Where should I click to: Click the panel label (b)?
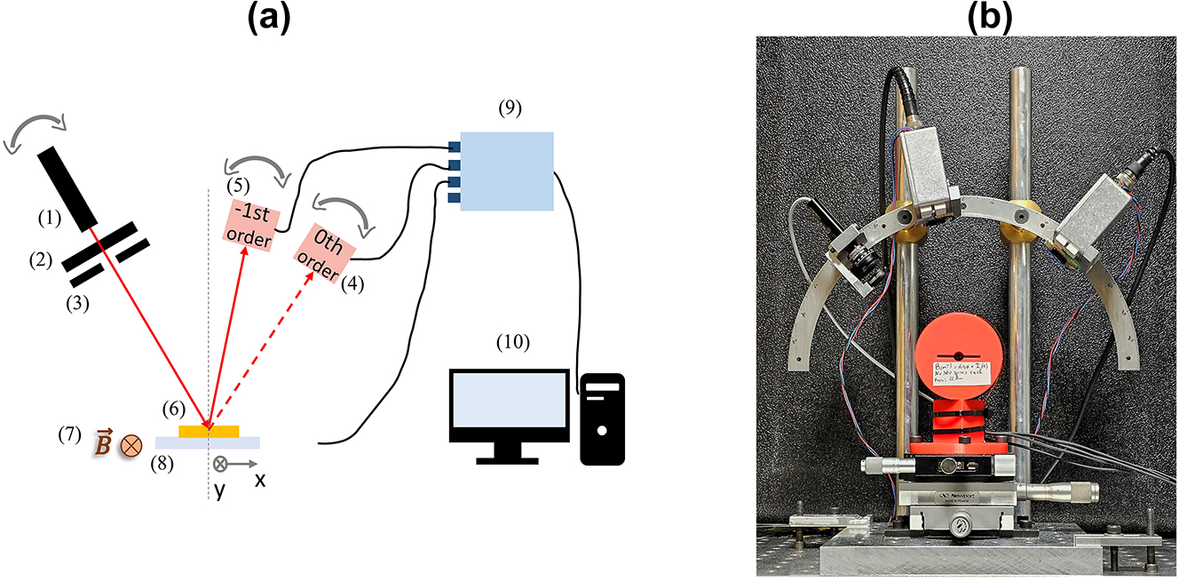966,18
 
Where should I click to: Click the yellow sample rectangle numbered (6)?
209,432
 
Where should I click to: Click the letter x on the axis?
260,479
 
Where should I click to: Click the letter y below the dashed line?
218,489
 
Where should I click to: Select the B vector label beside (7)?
104,442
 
